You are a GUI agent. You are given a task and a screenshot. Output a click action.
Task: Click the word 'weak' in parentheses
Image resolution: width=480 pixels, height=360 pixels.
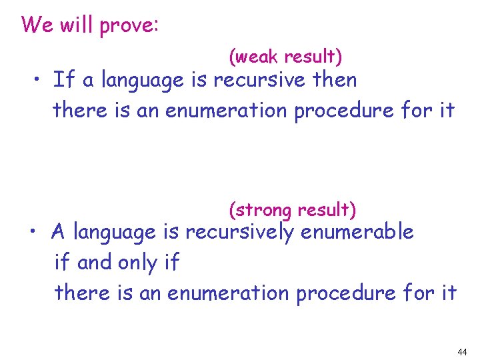click(x=257, y=58)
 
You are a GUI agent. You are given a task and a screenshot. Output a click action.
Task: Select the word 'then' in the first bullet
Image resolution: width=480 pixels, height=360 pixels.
click(x=337, y=80)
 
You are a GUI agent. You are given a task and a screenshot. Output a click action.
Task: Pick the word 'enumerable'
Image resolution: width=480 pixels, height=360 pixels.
click(x=357, y=232)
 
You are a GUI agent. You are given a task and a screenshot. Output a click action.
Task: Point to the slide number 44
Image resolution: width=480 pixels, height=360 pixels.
click(x=463, y=352)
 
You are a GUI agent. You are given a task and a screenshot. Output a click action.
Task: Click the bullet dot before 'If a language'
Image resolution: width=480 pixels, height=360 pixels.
click(x=40, y=81)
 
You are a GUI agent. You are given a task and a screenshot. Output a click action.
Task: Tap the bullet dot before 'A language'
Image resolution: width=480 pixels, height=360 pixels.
click(x=37, y=233)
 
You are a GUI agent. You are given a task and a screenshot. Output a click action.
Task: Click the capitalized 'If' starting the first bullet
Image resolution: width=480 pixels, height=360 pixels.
click(x=63, y=80)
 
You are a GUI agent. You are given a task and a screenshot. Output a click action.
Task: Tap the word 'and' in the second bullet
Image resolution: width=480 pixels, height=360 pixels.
click(x=94, y=263)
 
